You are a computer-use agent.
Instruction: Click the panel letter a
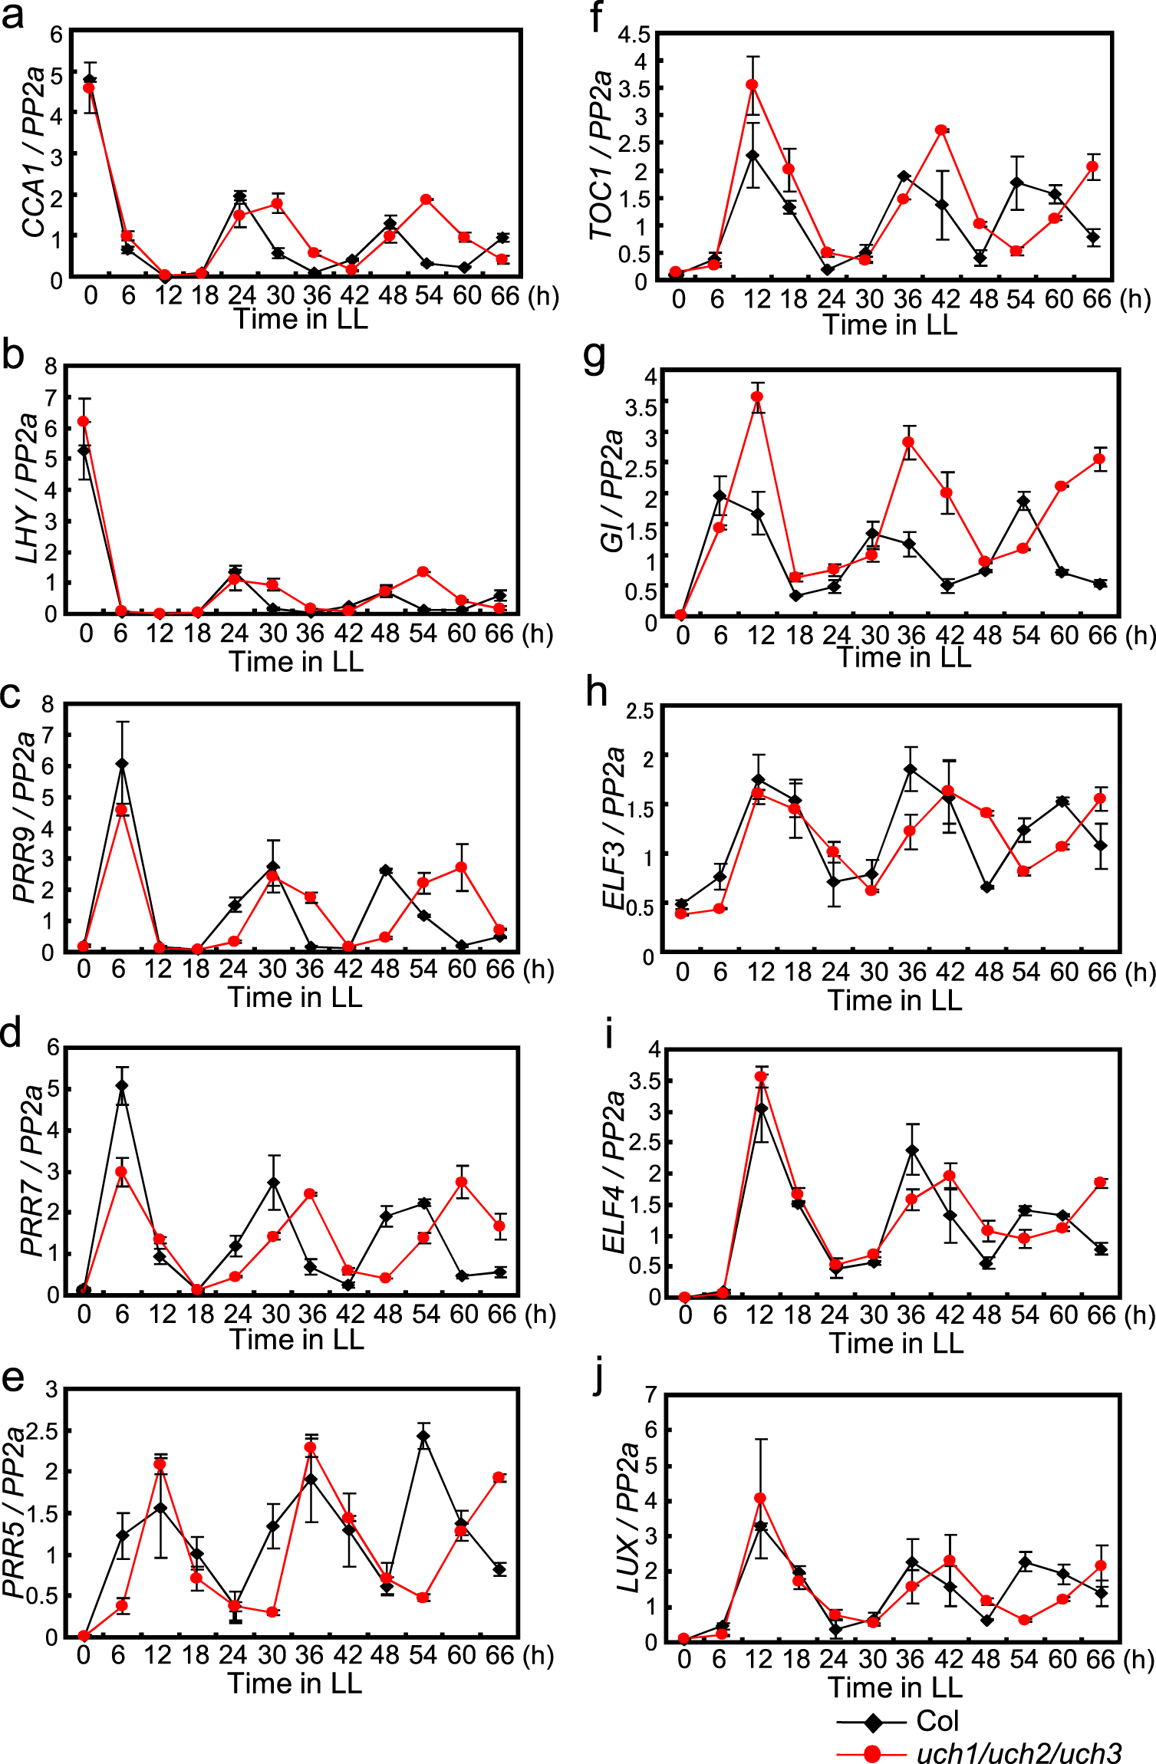(x=12, y=15)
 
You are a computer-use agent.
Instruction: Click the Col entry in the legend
(x=937, y=1721)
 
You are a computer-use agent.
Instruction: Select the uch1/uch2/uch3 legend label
(x=1018, y=1753)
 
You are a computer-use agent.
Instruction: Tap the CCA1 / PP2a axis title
(x=33, y=152)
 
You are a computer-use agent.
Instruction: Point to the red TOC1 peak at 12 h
(x=753, y=85)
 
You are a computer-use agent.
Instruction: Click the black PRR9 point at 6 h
(x=121, y=764)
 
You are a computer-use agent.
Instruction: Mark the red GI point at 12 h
(x=758, y=397)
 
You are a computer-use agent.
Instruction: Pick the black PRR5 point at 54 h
(x=423, y=1437)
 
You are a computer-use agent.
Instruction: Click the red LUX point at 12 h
(x=760, y=1498)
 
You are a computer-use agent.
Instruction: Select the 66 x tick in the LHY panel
(x=499, y=634)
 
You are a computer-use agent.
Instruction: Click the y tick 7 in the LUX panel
(x=650, y=1394)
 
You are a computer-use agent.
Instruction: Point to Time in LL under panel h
(x=894, y=1000)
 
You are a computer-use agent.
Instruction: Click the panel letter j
(x=599, y=1378)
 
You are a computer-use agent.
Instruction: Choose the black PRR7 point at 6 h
(x=121, y=1086)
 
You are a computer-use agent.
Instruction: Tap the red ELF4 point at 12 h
(x=761, y=1077)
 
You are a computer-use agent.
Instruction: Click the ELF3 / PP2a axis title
(x=614, y=828)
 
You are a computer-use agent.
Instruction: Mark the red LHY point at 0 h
(x=83, y=422)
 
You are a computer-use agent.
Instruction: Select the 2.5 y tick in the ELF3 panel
(x=640, y=711)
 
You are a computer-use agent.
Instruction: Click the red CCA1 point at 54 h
(x=426, y=199)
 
